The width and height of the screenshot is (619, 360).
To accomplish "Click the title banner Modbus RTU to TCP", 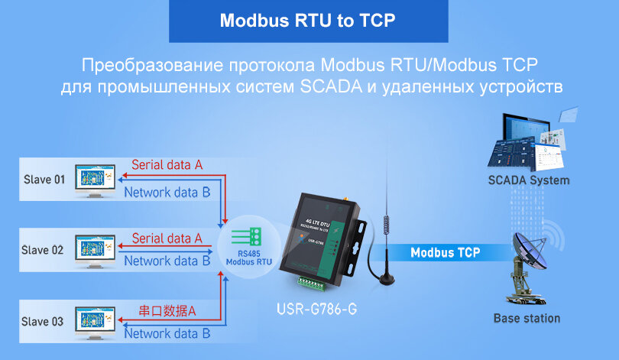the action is pyautogui.click(x=308, y=21).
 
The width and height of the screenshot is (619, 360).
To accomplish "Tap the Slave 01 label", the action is pyautogui.click(x=43, y=180).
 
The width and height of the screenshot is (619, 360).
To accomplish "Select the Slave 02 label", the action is pyautogui.click(x=43, y=250).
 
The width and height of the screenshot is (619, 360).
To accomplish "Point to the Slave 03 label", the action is pyautogui.click(x=43, y=322).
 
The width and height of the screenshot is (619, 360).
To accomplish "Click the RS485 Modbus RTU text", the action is pyautogui.click(x=249, y=257).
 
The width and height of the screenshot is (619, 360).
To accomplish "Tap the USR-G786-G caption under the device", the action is pyautogui.click(x=316, y=311).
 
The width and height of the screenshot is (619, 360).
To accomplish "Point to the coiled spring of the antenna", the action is pyautogui.click(x=387, y=225).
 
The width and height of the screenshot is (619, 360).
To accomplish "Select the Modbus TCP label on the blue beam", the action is pyautogui.click(x=446, y=253).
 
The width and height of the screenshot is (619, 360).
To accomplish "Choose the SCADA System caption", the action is pyautogui.click(x=528, y=180).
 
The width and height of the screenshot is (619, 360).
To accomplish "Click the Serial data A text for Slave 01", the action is pyautogui.click(x=167, y=164).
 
